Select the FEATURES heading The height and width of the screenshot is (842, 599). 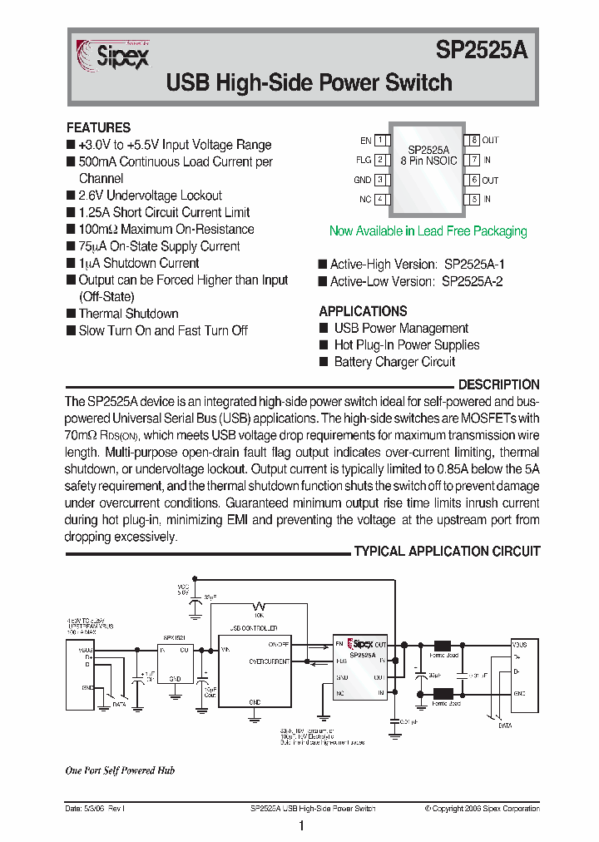point(98,128)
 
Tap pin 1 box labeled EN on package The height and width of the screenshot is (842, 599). point(381,141)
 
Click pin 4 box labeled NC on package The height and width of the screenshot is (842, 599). point(381,200)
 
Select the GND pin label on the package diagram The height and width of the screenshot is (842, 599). point(362,180)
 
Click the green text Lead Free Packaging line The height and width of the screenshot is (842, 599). point(428,231)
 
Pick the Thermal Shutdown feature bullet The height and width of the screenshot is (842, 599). point(128,314)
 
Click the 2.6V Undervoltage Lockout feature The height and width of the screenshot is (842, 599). point(150,196)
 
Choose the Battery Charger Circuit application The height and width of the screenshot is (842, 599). point(394,362)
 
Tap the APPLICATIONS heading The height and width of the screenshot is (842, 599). point(363,311)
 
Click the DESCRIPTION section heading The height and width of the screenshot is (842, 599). point(498,385)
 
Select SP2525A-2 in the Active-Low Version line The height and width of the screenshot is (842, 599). point(472,281)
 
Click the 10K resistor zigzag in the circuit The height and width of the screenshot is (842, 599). point(260,605)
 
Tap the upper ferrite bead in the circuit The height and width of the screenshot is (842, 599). point(443,645)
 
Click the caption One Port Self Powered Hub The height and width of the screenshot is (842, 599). point(120,770)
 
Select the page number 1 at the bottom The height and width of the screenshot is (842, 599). point(301,826)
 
